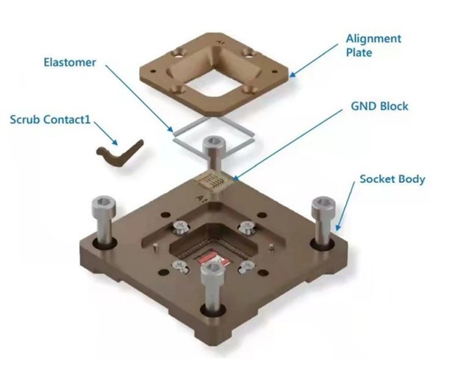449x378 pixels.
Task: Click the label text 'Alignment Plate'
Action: [373, 46]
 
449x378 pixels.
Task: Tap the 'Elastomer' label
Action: [70, 62]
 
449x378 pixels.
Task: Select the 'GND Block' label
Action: [379, 106]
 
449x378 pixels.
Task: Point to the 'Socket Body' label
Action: [392, 179]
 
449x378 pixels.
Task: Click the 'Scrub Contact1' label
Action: [50, 120]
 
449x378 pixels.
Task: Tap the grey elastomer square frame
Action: [213, 134]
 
